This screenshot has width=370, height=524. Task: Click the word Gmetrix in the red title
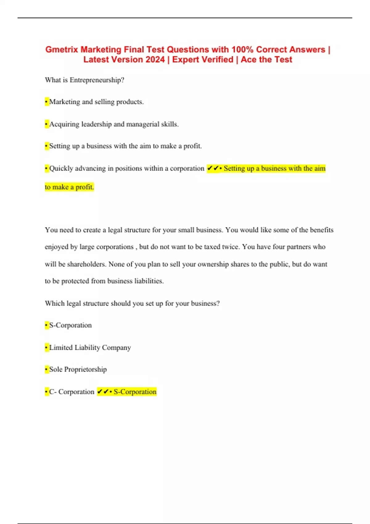coord(62,50)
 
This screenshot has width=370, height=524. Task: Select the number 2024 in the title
coord(155,59)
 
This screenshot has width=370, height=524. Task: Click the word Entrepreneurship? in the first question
coord(97,80)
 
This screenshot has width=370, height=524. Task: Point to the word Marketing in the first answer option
coord(64,102)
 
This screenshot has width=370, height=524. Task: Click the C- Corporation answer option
coord(72,392)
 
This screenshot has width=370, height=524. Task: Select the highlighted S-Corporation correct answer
coord(135,392)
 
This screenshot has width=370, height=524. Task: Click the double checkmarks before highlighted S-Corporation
coord(103,392)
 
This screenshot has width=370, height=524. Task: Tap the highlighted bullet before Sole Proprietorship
coord(47,369)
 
